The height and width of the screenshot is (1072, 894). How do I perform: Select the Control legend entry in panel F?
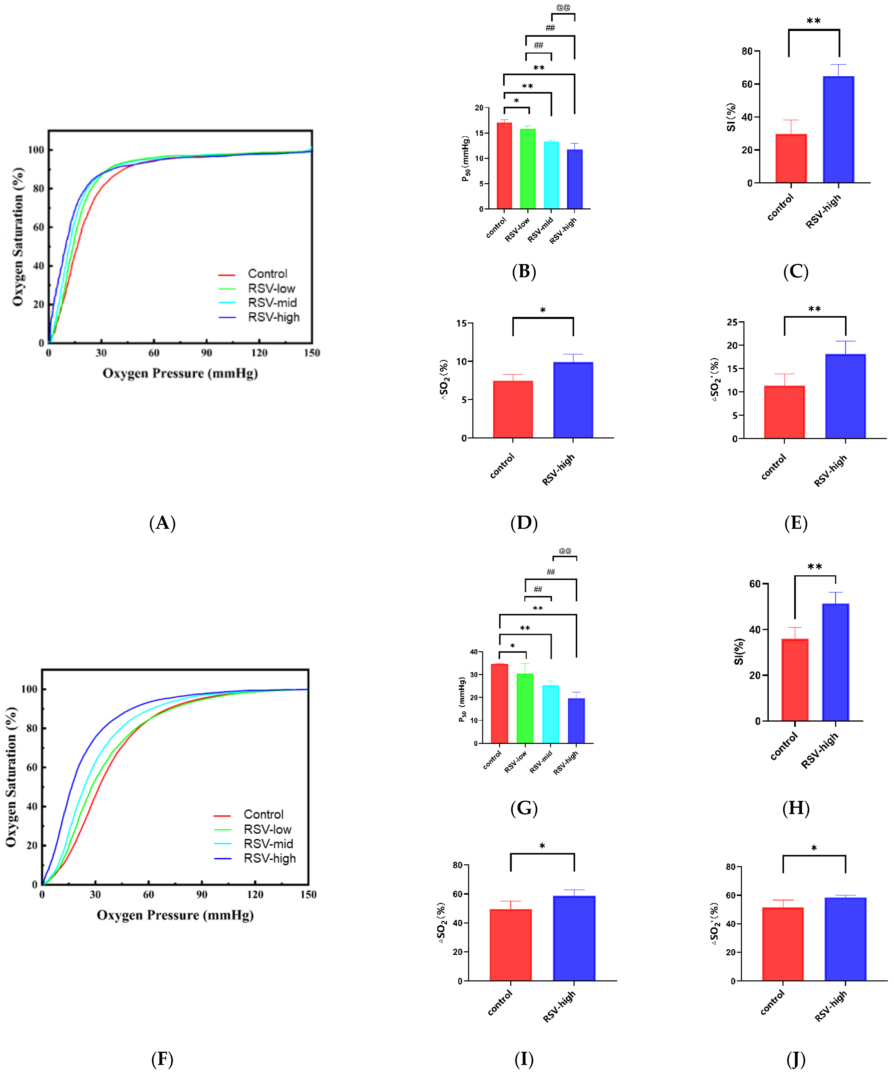(x=263, y=814)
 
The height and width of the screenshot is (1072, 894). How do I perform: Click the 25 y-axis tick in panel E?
(x=732, y=322)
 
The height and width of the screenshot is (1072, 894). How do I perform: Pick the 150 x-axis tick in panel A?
(x=312, y=353)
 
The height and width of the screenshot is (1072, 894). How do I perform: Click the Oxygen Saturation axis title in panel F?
(x=11, y=777)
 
